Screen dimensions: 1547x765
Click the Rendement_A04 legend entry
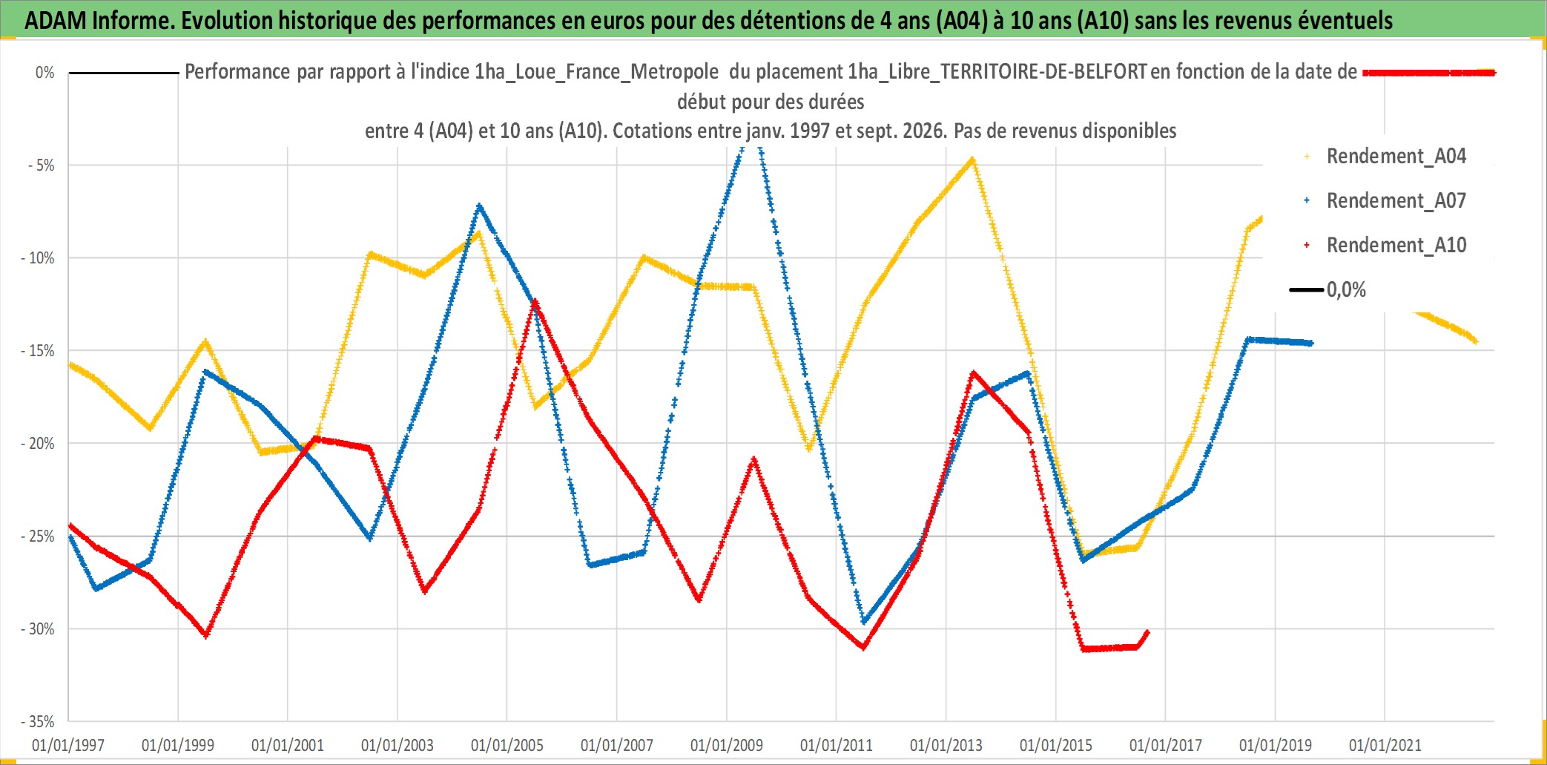click(x=1385, y=157)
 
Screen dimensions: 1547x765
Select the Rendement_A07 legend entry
click(x=1385, y=201)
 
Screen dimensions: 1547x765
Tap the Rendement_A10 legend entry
click(x=1385, y=246)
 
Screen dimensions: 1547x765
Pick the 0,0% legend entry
click(x=1328, y=290)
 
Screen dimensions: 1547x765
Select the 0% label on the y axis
click(x=45, y=73)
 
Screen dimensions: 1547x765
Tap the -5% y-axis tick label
click(x=42, y=165)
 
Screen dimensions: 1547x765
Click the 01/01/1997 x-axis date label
click(x=68, y=745)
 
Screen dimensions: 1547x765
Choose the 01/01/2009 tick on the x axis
click(x=727, y=745)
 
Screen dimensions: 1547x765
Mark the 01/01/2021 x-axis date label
click(x=1385, y=745)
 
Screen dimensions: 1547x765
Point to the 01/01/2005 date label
click(x=507, y=745)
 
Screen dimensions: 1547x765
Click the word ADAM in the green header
click(x=56, y=21)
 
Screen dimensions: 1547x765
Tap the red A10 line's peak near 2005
click(x=535, y=301)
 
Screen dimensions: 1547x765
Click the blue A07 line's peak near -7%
click(x=480, y=205)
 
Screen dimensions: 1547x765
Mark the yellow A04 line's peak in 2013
click(x=972, y=160)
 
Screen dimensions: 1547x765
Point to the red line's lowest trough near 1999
click(x=206, y=635)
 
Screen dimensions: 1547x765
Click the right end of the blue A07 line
click(x=1311, y=343)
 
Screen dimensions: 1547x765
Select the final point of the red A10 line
click(x=1147, y=632)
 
